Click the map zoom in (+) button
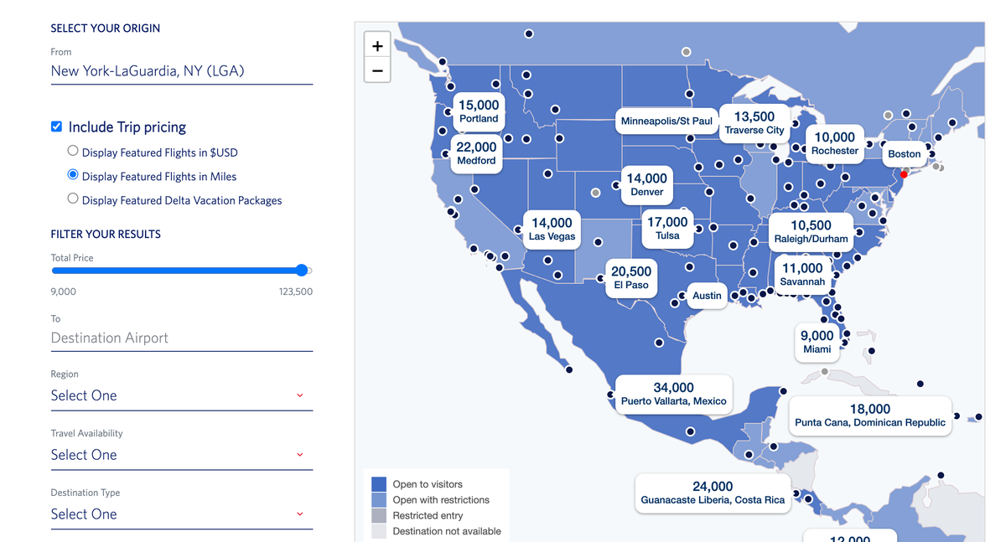tap(377, 46)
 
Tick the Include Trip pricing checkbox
tap(56, 126)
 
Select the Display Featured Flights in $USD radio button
tap(73, 151)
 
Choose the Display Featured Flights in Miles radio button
tap(73, 175)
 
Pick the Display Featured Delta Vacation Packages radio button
tap(73, 199)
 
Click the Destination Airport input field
tap(181, 338)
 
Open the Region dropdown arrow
tap(300, 395)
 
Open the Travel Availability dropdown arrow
tap(300, 455)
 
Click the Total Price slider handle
tap(302, 270)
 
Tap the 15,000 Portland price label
tap(479, 111)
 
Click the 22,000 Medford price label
tap(476, 153)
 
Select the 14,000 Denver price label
tap(647, 184)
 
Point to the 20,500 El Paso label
tap(631, 277)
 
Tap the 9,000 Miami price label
tap(817, 342)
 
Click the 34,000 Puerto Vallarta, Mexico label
tap(674, 394)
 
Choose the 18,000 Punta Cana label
tap(870, 415)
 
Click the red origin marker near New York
tap(904, 174)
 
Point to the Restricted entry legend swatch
tap(379, 515)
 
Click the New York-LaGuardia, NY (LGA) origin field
tap(181, 71)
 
